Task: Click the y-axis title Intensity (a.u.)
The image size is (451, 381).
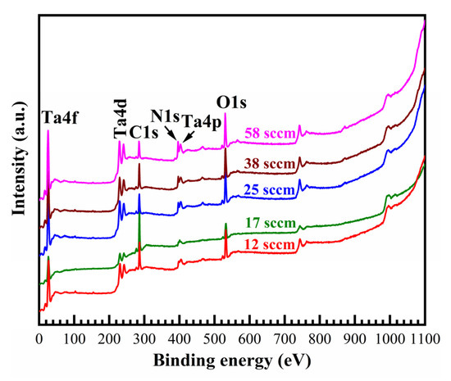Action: pos(16,164)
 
